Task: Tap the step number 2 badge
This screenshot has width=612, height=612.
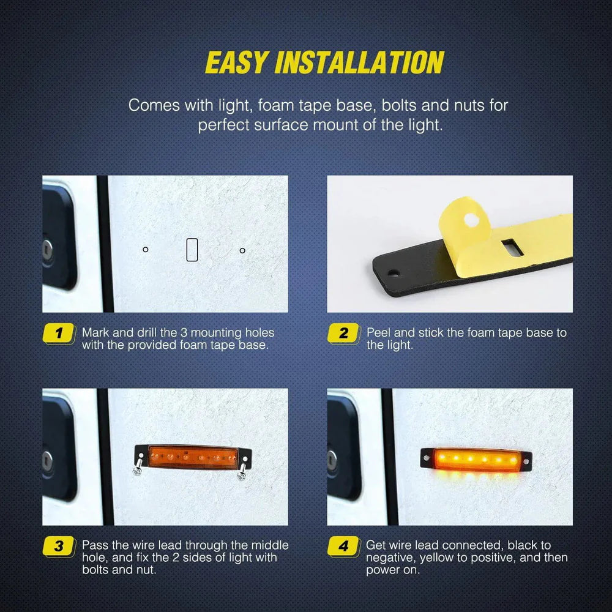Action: coord(343,334)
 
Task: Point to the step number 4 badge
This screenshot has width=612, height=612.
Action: coord(343,546)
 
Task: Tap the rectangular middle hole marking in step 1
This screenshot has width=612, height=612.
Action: coord(192,250)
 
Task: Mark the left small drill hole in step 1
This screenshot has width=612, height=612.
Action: coord(146,249)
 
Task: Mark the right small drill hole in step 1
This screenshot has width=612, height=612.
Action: coord(242,250)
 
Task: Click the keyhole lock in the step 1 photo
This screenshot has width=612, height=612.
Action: coord(48,248)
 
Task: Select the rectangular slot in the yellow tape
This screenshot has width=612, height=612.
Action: coord(509,247)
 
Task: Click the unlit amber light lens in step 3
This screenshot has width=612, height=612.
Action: coord(193,457)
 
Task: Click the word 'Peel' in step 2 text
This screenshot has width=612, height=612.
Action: coord(379,333)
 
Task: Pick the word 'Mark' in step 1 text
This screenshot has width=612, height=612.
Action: coord(95,333)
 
